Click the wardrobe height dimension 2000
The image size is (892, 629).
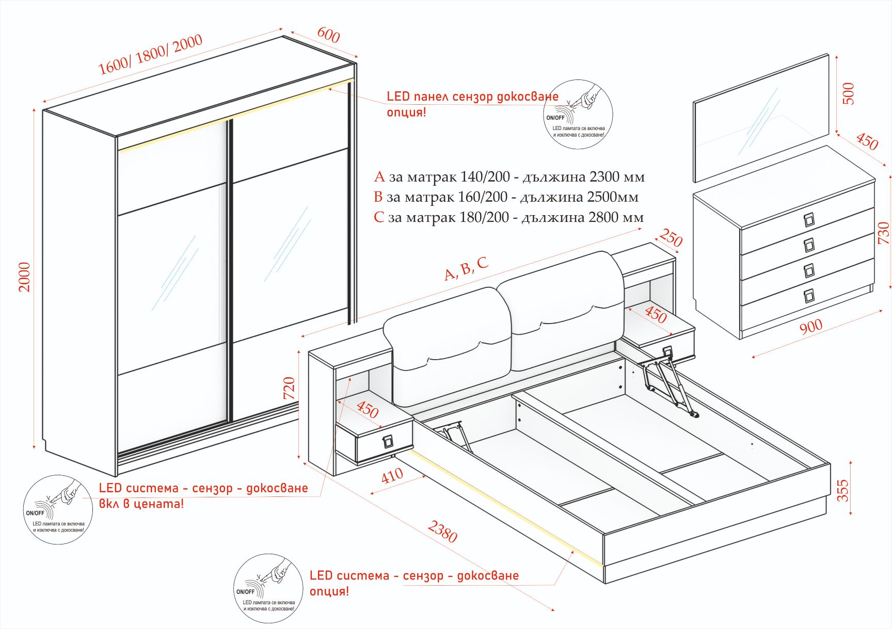pyautogui.click(x=24, y=277)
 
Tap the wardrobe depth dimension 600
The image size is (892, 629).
pyautogui.click(x=328, y=35)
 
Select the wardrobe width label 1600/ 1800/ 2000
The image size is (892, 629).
pyautogui.click(x=150, y=55)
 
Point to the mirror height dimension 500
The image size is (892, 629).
pyautogui.click(x=848, y=93)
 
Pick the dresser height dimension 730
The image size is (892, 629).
pyautogui.click(x=883, y=233)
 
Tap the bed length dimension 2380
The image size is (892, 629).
pyautogui.click(x=442, y=531)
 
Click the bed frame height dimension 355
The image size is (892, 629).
pyautogui.click(x=842, y=490)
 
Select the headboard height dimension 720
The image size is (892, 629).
pyautogui.click(x=289, y=388)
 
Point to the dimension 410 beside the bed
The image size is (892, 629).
pyautogui.click(x=392, y=475)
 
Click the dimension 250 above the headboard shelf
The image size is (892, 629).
pyautogui.click(x=671, y=238)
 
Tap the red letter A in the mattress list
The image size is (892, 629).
pyautogui.click(x=379, y=177)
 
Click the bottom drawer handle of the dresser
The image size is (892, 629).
pyautogui.click(x=809, y=296)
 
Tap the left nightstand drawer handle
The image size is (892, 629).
pyautogui.click(x=387, y=442)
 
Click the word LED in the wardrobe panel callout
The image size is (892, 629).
pyautogui.click(x=398, y=96)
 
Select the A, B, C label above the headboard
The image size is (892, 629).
pyautogui.click(x=466, y=269)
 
